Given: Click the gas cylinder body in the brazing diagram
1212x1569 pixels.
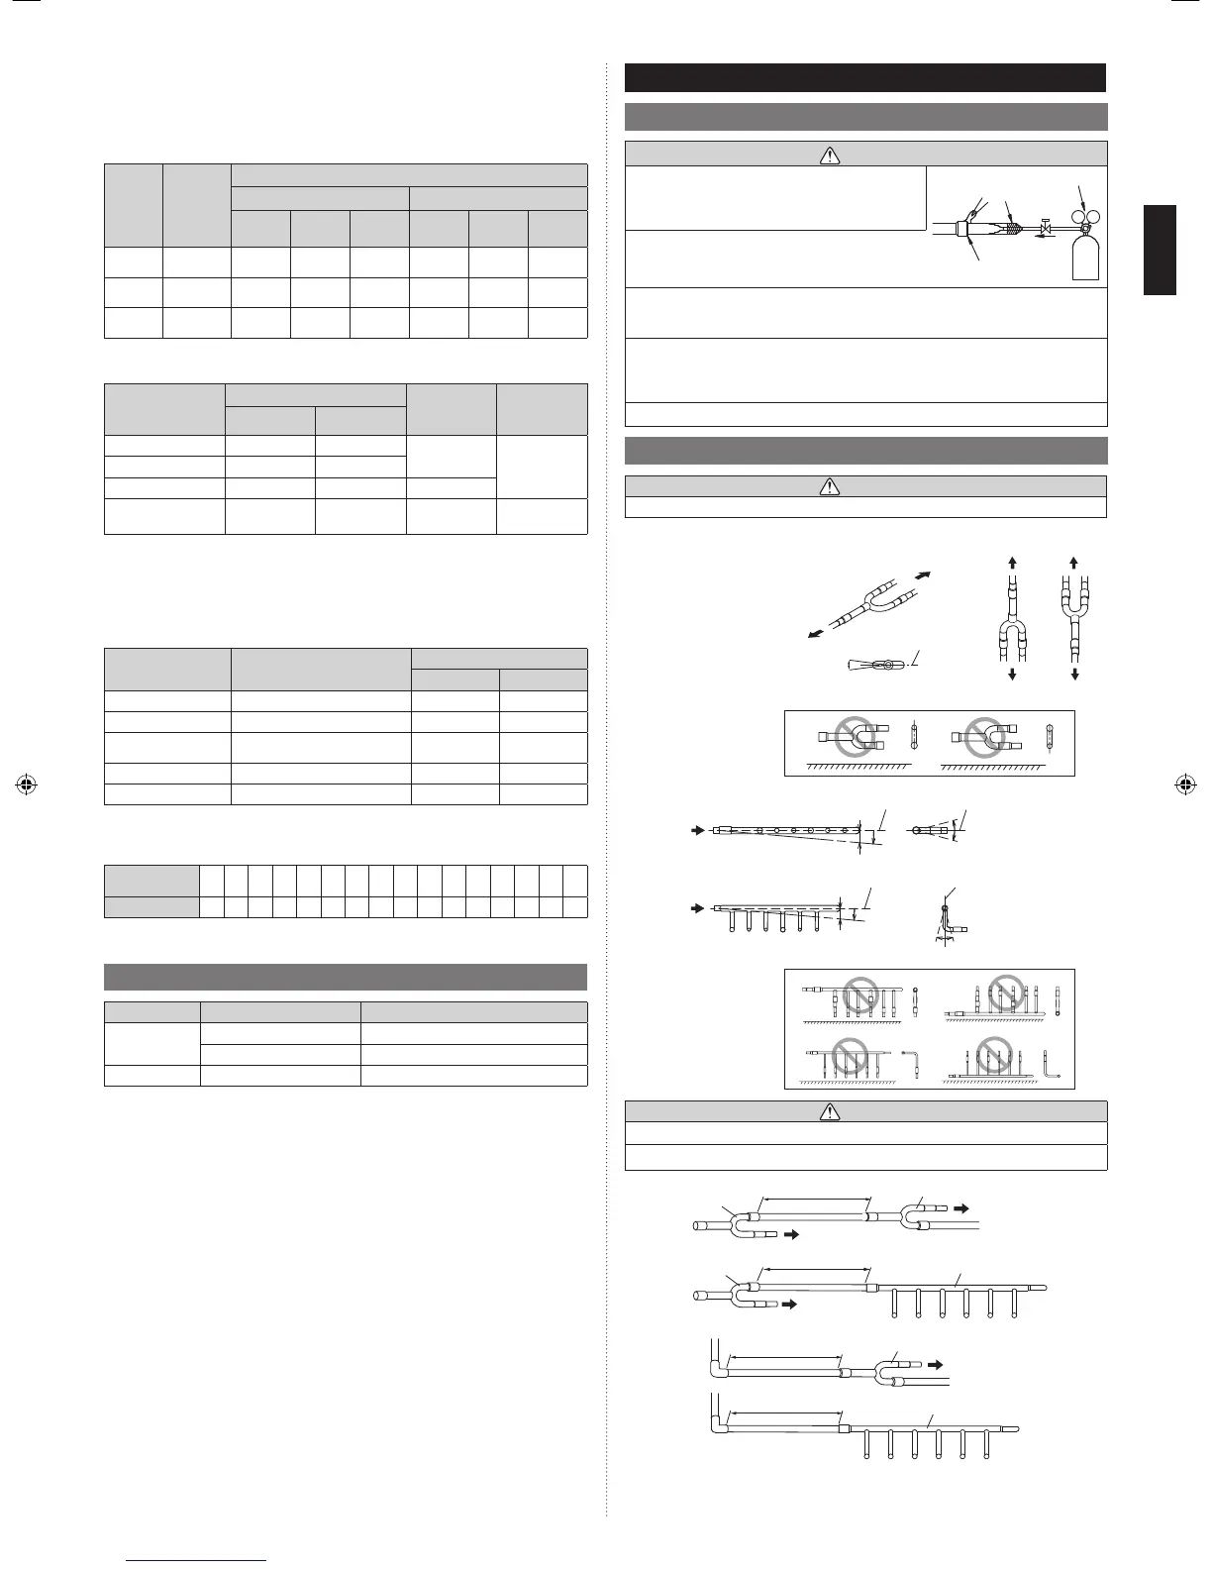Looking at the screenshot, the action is coord(1085,256).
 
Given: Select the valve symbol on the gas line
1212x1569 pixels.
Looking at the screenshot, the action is coord(1046,229).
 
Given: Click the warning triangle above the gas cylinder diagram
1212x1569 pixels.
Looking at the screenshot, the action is coord(831,155).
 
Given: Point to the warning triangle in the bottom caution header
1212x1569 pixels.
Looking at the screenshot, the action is coord(831,1112).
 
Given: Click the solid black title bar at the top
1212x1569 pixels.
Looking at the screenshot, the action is coord(865,77).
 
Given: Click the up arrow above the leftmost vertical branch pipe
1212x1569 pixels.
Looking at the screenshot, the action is coord(1012,563).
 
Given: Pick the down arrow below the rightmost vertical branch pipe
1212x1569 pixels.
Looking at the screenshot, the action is coord(1074,675).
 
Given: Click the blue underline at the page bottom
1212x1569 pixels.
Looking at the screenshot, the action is coord(199,1560).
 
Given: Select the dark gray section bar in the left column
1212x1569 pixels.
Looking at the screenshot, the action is coord(346,977).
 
